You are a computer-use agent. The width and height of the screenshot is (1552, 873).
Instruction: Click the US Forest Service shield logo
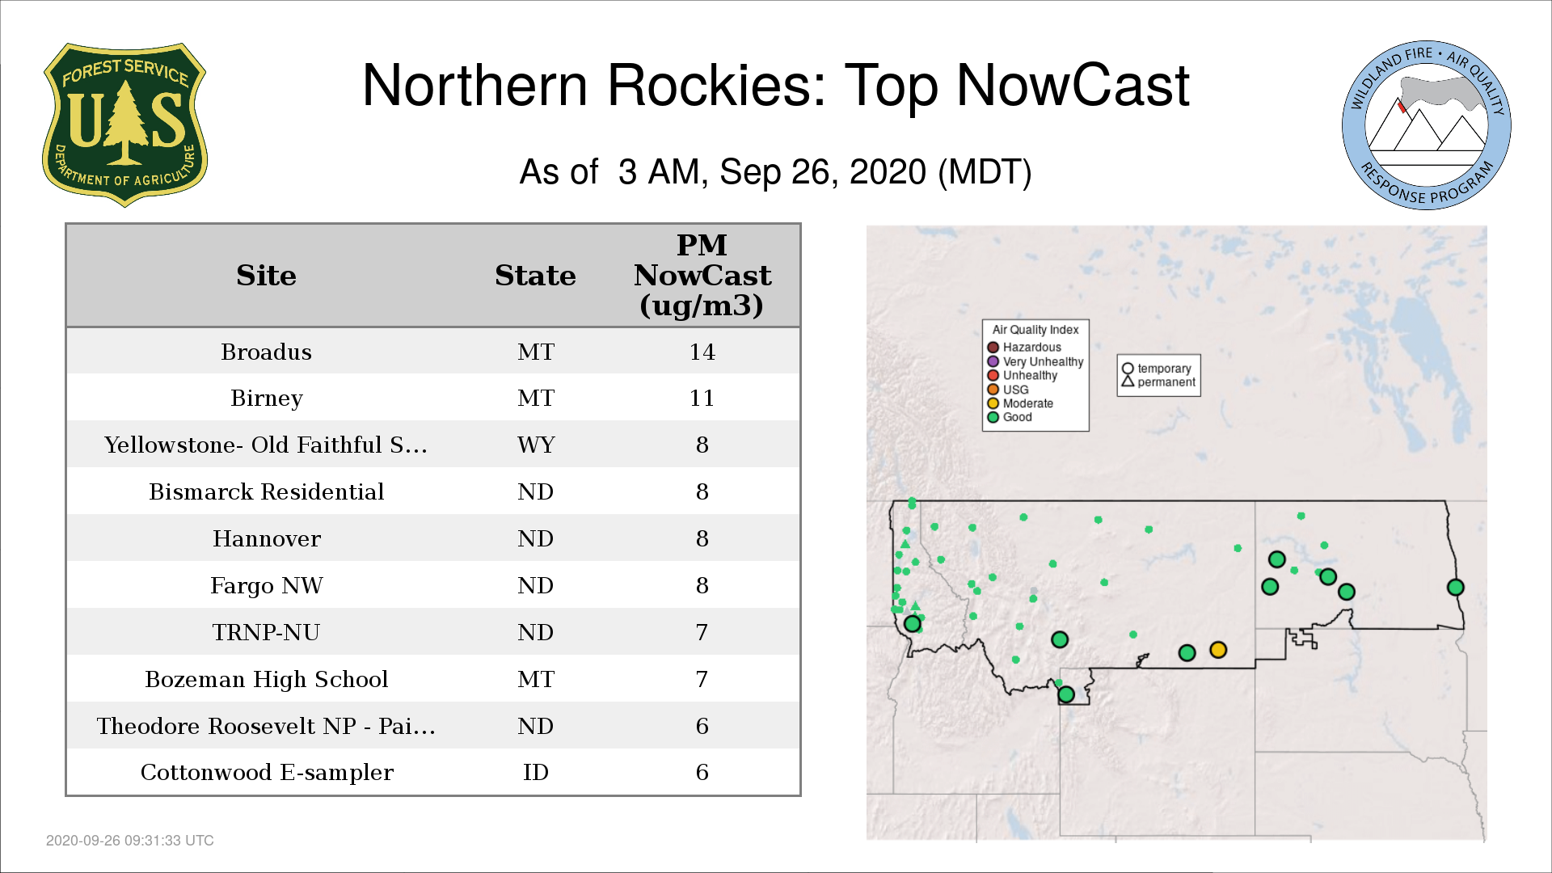pyautogui.click(x=124, y=125)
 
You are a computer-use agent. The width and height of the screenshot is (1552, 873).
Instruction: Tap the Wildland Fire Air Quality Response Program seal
pyautogui.click(x=1427, y=125)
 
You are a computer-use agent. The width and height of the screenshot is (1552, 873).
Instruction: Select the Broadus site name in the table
pyautogui.click(x=266, y=352)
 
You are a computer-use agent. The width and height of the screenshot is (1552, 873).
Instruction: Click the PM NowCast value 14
pyautogui.click(x=702, y=352)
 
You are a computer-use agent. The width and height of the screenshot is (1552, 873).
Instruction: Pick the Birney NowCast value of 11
pyautogui.click(x=702, y=398)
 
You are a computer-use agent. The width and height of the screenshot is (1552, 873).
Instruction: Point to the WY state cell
pyautogui.click(x=536, y=445)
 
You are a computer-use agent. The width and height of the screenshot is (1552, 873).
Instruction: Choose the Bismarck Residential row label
pyautogui.click(x=266, y=491)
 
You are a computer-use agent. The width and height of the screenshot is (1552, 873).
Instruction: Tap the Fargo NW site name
pyautogui.click(x=266, y=585)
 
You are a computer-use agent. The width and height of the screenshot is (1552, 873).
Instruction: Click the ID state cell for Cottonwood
pyautogui.click(x=536, y=772)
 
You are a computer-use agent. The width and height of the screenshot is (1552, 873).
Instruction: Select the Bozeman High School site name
pyautogui.click(x=266, y=679)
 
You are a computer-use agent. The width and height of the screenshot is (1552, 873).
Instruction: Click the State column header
pyautogui.click(x=535, y=276)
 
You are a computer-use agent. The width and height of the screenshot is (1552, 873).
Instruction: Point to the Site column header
pyautogui.click(x=266, y=276)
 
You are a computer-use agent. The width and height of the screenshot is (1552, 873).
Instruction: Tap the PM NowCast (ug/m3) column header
pyautogui.click(x=702, y=275)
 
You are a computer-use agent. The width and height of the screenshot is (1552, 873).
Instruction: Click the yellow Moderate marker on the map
pyautogui.click(x=1218, y=650)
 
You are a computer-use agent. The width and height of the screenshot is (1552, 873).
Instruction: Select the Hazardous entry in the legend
pyautogui.click(x=1025, y=348)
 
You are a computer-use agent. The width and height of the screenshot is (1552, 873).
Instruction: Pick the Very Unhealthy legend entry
pyautogui.click(x=1035, y=361)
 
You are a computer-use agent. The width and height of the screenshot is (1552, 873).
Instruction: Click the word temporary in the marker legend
pyautogui.click(x=1164, y=369)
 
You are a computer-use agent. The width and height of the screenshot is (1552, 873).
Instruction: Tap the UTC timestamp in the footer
pyautogui.click(x=130, y=841)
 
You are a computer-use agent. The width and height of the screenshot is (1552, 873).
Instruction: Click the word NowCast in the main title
pyautogui.click(x=1073, y=85)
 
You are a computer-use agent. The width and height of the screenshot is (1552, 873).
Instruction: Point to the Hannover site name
pyautogui.click(x=266, y=538)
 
